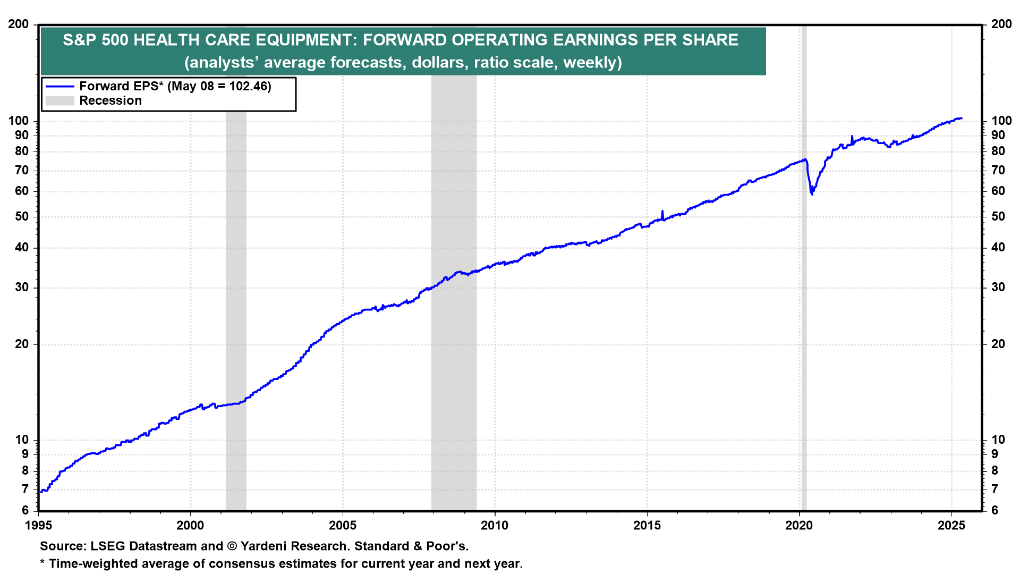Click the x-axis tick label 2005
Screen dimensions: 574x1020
343,526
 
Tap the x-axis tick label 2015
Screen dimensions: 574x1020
647,526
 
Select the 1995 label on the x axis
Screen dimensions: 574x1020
38,526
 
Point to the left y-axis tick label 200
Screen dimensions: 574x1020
19,24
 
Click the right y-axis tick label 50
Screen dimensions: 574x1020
998,217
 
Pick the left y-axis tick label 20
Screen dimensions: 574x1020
22,344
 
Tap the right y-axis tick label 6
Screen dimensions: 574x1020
994,511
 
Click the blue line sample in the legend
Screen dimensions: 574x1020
59,86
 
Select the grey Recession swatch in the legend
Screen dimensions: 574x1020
59,101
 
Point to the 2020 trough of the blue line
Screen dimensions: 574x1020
812,194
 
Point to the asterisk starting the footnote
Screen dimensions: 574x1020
42,563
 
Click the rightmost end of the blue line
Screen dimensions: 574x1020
961,118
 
